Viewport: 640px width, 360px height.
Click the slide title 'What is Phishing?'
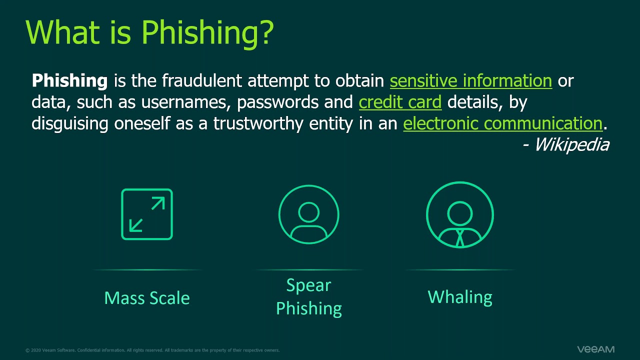[x=149, y=32]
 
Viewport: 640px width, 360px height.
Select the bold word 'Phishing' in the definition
[x=69, y=80]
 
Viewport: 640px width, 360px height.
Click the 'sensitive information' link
[x=470, y=80]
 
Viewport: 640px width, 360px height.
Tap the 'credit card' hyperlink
[x=400, y=102]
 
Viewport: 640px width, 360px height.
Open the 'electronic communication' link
[x=502, y=123]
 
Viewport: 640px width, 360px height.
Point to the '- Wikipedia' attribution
[x=566, y=145]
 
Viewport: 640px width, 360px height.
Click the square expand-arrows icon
[x=147, y=214]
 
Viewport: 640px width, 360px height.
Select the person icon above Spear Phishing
[x=308, y=214]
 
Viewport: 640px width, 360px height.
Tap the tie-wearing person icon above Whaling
[x=460, y=214]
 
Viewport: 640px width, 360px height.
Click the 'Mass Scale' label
[x=147, y=298]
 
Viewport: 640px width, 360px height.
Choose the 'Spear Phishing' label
[x=309, y=296]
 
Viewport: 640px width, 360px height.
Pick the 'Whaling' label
[x=460, y=297]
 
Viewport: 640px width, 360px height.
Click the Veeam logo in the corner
[x=595, y=349]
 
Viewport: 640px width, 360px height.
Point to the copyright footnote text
[x=152, y=350]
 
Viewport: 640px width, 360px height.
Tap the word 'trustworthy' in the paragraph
[x=258, y=123]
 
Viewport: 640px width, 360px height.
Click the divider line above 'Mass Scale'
[x=147, y=270]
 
